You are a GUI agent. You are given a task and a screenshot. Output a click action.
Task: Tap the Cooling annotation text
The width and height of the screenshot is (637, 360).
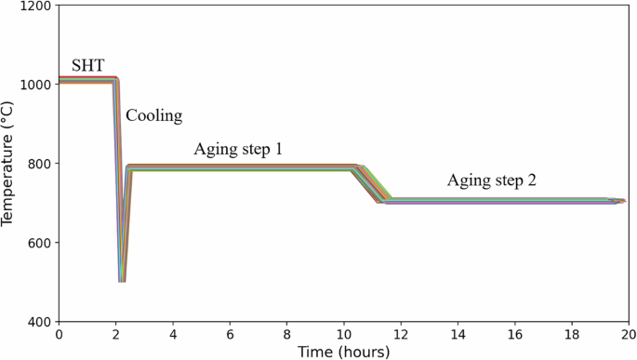153,116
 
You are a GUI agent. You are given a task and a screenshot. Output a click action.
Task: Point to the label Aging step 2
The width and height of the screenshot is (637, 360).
491,180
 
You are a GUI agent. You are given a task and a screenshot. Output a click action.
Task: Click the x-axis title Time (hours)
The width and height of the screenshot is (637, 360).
343,352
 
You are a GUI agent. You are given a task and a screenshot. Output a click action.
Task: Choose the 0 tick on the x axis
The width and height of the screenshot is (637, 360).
59,334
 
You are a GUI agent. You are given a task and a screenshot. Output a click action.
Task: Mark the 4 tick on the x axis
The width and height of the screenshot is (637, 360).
173,334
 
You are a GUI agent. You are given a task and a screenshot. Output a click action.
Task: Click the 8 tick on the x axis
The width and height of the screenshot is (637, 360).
286,334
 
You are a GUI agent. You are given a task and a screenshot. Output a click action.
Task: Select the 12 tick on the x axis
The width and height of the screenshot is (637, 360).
401,334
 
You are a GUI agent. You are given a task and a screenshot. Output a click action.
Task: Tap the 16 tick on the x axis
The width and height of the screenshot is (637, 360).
514,334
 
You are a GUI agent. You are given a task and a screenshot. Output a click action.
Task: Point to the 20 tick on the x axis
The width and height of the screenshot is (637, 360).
628,334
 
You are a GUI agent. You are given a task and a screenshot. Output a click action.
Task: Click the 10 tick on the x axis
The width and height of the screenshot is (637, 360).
343,334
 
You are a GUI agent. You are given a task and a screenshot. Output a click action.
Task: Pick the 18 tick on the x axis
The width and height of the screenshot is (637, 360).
571,334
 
